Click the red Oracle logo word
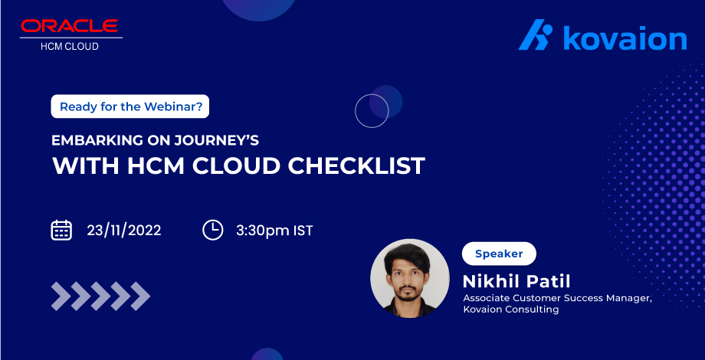(70, 26)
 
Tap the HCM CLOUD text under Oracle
(70, 46)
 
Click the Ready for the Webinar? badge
(130, 106)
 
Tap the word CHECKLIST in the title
(359, 166)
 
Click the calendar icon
(61, 230)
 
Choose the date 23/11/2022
(123, 231)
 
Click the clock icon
(212, 230)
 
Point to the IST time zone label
(303, 231)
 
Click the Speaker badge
(499, 254)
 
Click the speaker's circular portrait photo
(409, 277)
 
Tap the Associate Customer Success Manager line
(557, 298)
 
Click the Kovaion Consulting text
(510, 309)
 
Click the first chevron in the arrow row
(61, 296)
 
